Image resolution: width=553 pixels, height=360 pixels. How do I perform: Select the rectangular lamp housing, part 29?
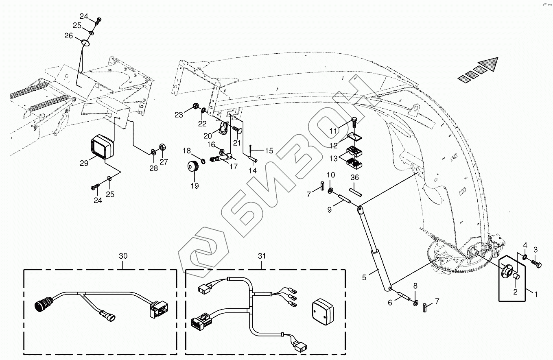101,147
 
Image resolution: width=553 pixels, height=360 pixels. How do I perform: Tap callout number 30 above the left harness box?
123,256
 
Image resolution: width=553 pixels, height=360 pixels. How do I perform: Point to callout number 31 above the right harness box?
262,256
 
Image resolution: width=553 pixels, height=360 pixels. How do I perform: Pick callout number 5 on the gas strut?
365,277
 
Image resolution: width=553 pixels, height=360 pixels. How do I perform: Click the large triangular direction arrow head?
489,64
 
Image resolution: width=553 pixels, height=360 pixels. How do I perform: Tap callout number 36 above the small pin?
354,177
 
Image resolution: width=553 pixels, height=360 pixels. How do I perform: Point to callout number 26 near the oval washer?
68,36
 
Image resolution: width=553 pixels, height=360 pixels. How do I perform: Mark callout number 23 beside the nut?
179,115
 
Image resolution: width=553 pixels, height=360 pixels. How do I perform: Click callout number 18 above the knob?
186,151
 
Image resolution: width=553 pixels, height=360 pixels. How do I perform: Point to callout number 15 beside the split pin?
269,151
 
